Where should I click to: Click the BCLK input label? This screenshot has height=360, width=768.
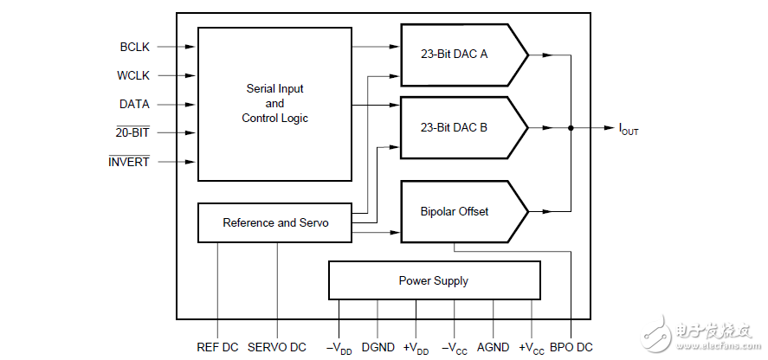(x=134, y=47)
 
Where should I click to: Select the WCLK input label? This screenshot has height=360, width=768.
(x=133, y=75)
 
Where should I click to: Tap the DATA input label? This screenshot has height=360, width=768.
(x=134, y=104)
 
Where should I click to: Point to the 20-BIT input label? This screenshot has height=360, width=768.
(x=132, y=133)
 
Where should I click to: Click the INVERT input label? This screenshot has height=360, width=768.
(x=128, y=162)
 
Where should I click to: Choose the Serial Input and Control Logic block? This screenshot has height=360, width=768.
(x=274, y=104)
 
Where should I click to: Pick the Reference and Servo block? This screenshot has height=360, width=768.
(x=275, y=222)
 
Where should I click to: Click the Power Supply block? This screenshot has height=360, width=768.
(x=434, y=280)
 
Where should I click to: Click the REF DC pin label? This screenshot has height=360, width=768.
(x=217, y=347)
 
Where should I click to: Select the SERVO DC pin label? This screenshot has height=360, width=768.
(x=277, y=347)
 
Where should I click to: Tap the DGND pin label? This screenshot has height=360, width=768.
(x=378, y=347)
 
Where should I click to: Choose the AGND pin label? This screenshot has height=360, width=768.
(x=493, y=347)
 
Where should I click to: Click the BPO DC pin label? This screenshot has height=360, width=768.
(x=571, y=347)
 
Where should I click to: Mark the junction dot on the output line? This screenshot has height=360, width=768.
(x=571, y=128)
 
